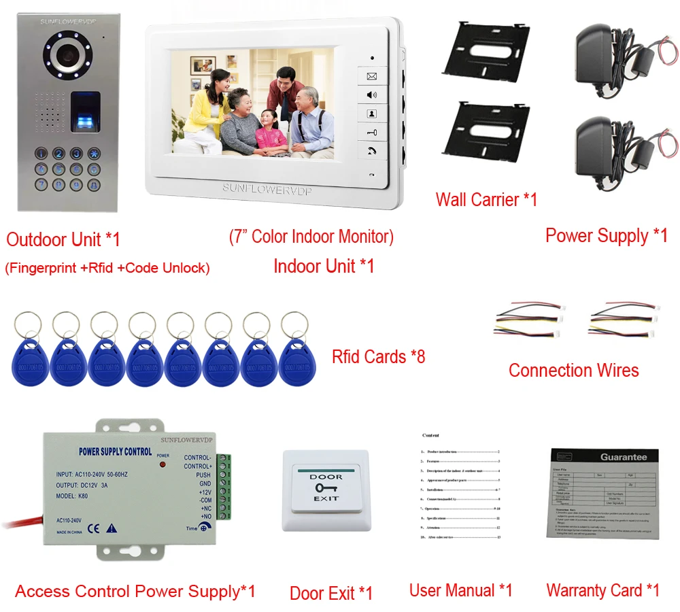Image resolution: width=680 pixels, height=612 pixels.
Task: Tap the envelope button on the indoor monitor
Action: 372,77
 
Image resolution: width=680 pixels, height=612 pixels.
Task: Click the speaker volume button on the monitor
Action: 372,95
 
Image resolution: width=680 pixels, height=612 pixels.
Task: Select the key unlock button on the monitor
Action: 372,133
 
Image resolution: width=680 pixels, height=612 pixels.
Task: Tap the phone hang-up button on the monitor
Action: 372,151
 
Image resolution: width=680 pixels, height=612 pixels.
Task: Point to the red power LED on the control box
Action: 163,465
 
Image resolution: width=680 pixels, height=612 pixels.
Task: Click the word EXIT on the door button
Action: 326,499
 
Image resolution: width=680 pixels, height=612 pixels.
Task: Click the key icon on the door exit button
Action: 326,488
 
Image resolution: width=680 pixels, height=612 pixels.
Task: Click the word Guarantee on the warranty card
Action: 624,456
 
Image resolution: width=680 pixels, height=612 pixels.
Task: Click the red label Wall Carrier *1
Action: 486,199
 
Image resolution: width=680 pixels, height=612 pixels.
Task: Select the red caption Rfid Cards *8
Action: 378,356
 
